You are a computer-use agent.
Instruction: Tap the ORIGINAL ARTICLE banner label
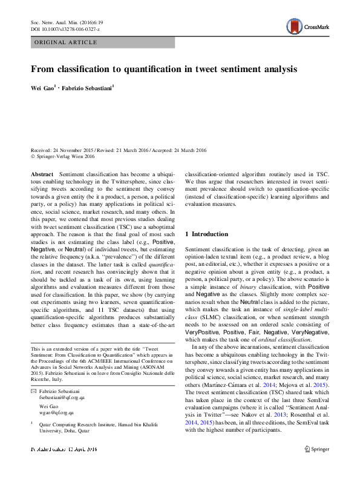(x=67, y=42)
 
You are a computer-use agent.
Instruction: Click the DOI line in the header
(x=65, y=28)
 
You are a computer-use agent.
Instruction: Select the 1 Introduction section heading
(x=207, y=234)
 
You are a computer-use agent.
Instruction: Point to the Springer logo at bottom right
(x=317, y=466)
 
